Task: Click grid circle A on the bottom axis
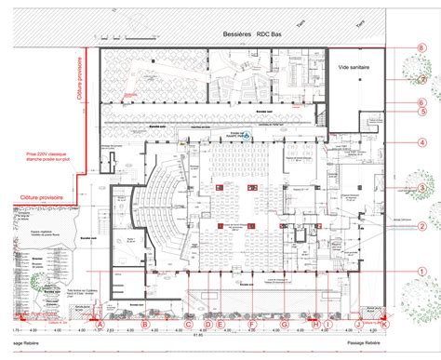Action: [100, 324]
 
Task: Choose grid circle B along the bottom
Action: [144, 324]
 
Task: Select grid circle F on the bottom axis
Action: [251, 324]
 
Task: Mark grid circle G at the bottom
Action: [285, 324]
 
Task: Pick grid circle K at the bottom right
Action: [384, 324]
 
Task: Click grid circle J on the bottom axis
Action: [358, 324]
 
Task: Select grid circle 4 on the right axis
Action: [421, 141]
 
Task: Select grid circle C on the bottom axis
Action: [188, 324]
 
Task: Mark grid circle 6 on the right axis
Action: [421, 102]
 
